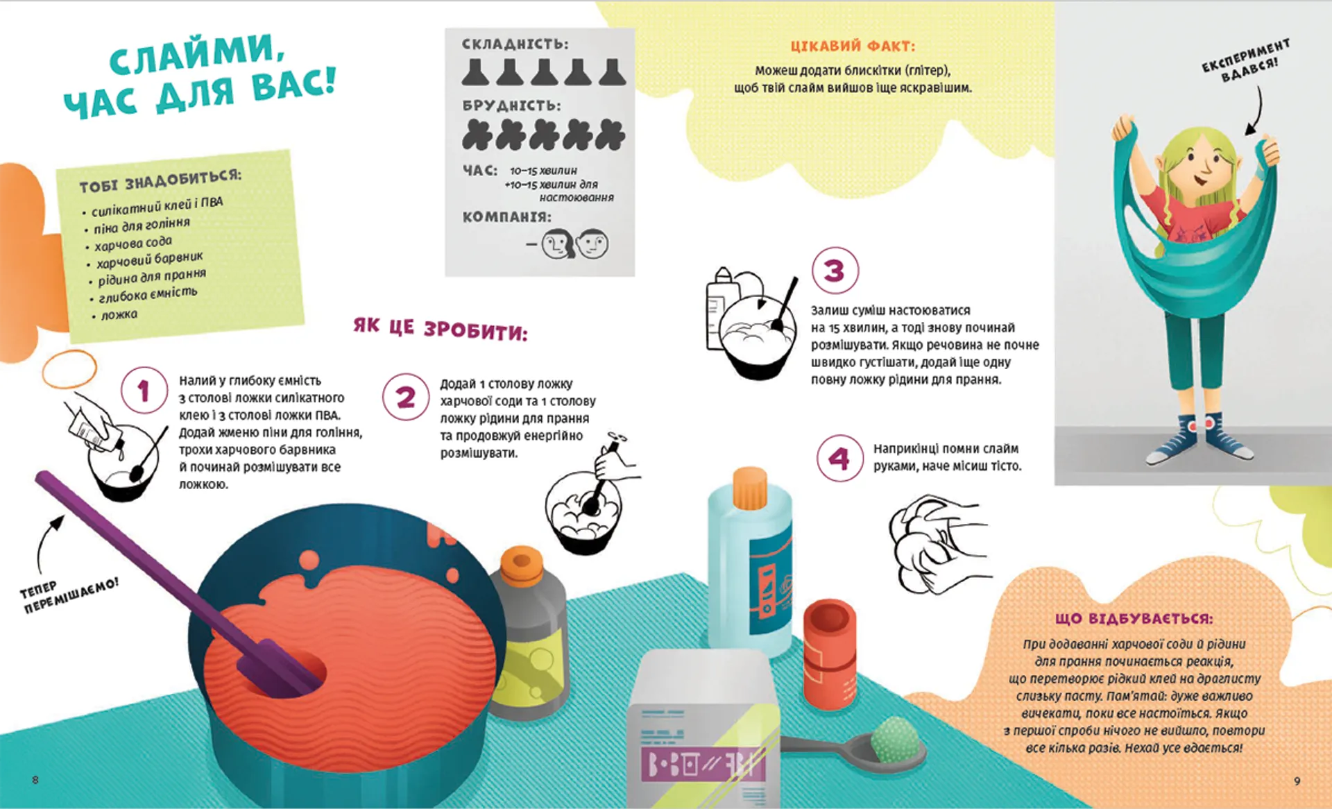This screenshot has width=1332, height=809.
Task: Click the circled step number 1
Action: tap(144, 391)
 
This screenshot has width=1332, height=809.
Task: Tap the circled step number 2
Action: tap(406, 397)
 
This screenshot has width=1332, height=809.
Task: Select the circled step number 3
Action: tap(835, 271)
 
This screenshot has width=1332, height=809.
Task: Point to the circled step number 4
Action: tap(839, 459)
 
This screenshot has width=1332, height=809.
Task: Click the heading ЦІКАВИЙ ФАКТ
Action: tap(853, 46)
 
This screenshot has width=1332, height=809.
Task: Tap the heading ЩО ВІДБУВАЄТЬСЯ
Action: tap(1134, 618)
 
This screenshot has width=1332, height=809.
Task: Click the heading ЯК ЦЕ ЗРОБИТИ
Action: tap(441, 329)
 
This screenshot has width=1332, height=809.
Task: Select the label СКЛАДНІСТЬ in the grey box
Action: tap(515, 44)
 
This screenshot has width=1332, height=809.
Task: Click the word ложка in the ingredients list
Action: tap(119, 315)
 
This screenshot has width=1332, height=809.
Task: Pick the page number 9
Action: tap(1297, 781)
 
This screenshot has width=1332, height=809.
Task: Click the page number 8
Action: tap(35, 780)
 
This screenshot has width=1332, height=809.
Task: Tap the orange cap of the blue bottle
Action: tap(750, 488)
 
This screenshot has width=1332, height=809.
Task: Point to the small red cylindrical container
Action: tap(830, 652)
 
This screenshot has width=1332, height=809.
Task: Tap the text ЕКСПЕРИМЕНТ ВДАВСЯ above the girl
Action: tap(1247, 60)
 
